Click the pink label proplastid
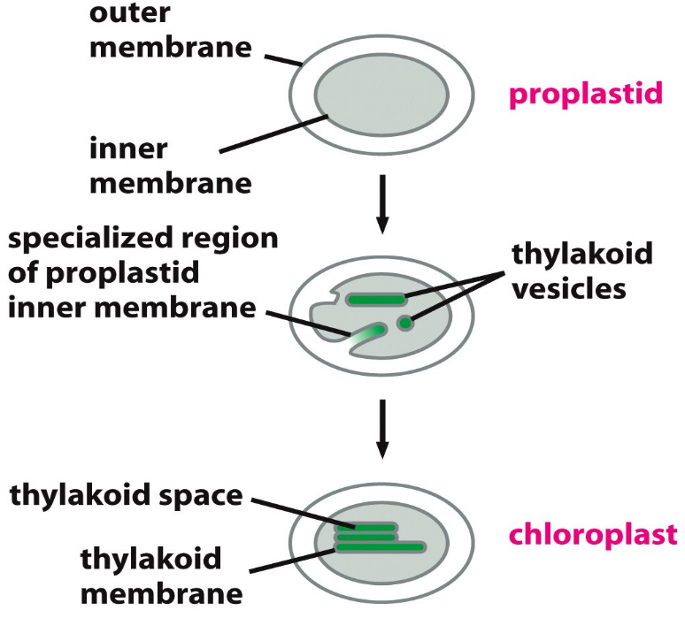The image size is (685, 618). (585, 95)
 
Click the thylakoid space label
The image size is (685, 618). (126, 494)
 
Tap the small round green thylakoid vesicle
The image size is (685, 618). (404, 324)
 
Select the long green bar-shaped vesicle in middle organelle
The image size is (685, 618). (375, 300)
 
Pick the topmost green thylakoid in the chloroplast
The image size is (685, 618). (365, 527)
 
